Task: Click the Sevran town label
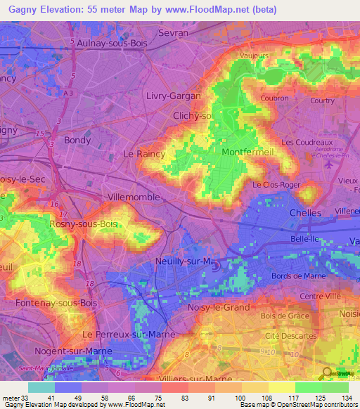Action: click(174, 33)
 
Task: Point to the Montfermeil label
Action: click(247, 152)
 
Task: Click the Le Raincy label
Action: click(144, 153)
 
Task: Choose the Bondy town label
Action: click(77, 140)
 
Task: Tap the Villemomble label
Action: click(134, 197)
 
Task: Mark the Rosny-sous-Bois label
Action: click(83, 223)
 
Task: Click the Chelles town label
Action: click(305, 212)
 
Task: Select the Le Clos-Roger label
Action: click(276, 185)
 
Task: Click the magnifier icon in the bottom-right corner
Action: click(326, 374)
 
